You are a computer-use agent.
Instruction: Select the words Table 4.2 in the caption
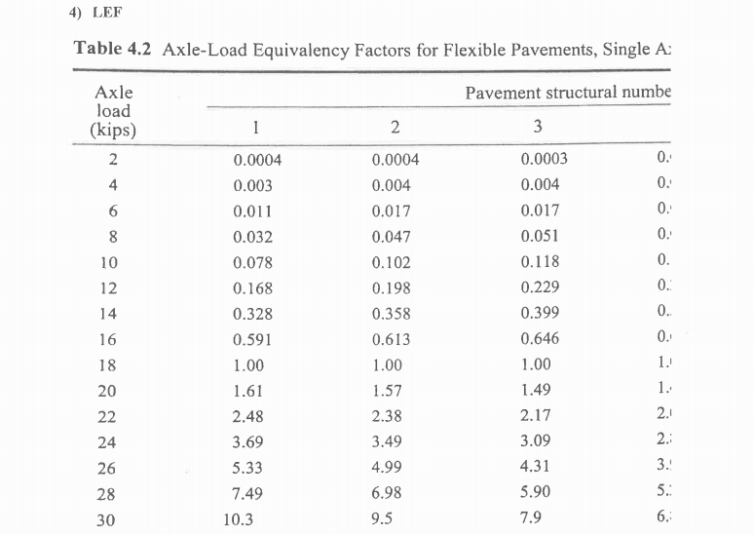click(109, 50)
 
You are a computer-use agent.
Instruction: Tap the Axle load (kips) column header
click(114, 111)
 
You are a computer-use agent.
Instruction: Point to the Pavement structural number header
click(568, 94)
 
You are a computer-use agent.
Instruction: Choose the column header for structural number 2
click(395, 128)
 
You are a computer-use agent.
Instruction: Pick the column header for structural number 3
click(537, 128)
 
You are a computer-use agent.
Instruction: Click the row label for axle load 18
click(109, 365)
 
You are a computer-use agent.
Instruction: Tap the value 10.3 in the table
click(238, 520)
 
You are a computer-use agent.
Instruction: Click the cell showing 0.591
click(251, 340)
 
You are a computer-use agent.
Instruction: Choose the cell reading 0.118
click(541, 263)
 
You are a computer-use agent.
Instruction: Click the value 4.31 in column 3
click(537, 468)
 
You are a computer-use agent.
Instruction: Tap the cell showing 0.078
click(253, 263)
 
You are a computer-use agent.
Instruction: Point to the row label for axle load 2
click(113, 161)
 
